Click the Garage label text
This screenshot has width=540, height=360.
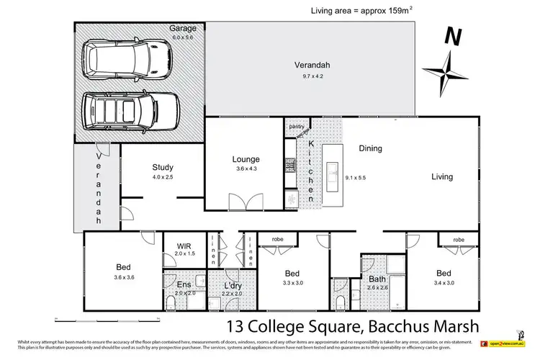pyautogui.click(x=183, y=28)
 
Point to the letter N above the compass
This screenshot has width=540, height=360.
pyautogui.click(x=451, y=35)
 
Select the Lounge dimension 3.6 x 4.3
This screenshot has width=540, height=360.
pyautogui.click(x=246, y=169)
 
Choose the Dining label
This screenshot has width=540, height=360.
pyautogui.click(x=370, y=149)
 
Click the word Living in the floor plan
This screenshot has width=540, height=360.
pyautogui.click(x=443, y=176)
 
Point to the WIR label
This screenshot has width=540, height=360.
pyautogui.click(x=184, y=246)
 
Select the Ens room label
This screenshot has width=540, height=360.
pyautogui.click(x=184, y=284)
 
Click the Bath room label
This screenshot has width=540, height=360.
pyautogui.click(x=377, y=279)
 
